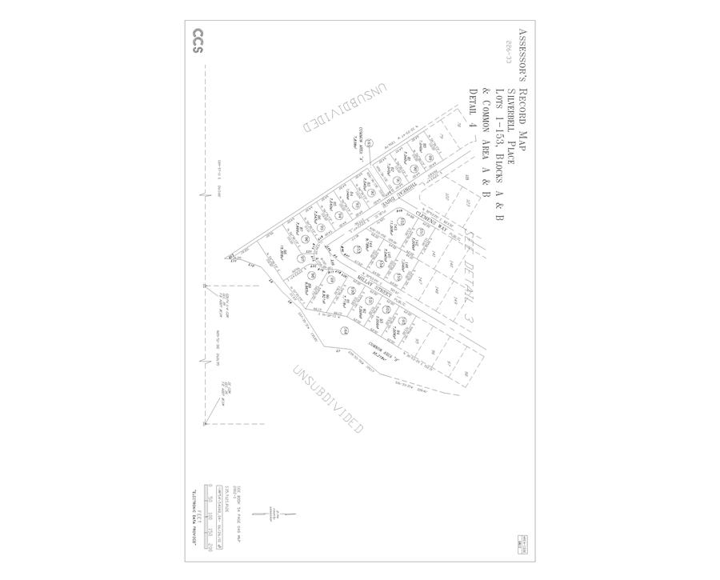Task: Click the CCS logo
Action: pos(197,42)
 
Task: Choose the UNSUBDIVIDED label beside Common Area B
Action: pos(328,400)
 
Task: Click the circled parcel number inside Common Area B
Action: pos(345,331)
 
